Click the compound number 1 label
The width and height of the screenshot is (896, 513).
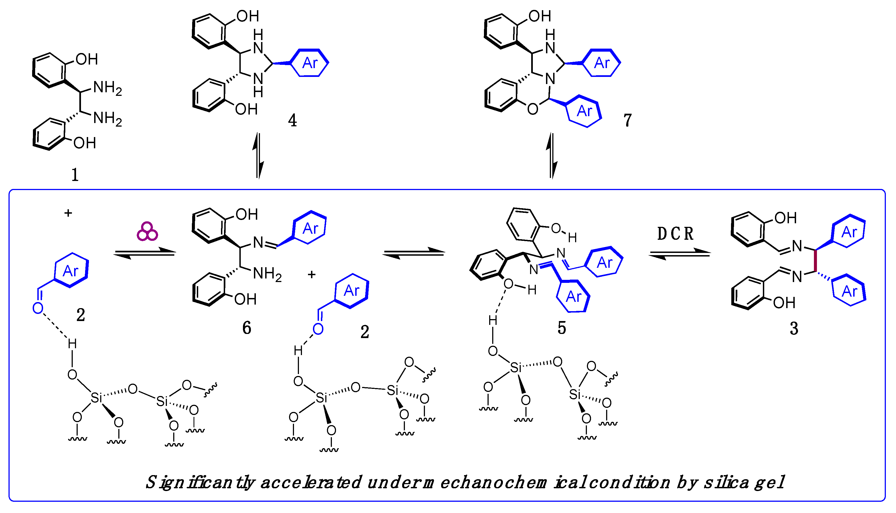(75, 175)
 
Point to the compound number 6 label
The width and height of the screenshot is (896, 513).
(247, 328)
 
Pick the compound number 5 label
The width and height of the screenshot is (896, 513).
(562, 328)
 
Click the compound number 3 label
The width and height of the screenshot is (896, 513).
(794, 328)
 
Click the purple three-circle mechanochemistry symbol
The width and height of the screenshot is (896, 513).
(147, 232)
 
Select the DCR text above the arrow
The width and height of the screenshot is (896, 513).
(675, 234)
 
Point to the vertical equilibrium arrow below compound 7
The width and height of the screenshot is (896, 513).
(551, 155)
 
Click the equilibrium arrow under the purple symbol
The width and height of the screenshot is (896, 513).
(144, 253)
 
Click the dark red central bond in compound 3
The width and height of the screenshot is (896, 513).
(815, 261)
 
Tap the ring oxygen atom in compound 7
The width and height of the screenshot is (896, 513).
(533, 109)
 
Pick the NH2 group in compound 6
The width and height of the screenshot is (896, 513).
(267, 274)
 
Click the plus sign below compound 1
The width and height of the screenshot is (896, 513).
(68, 213)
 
